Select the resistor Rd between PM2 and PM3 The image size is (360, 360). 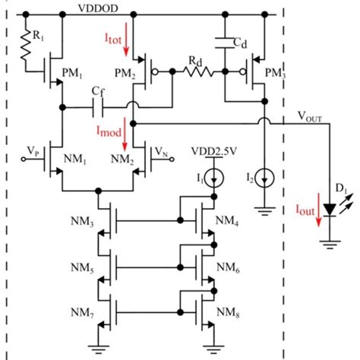point(200,73)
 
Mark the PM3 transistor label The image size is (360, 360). point(287,73)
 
